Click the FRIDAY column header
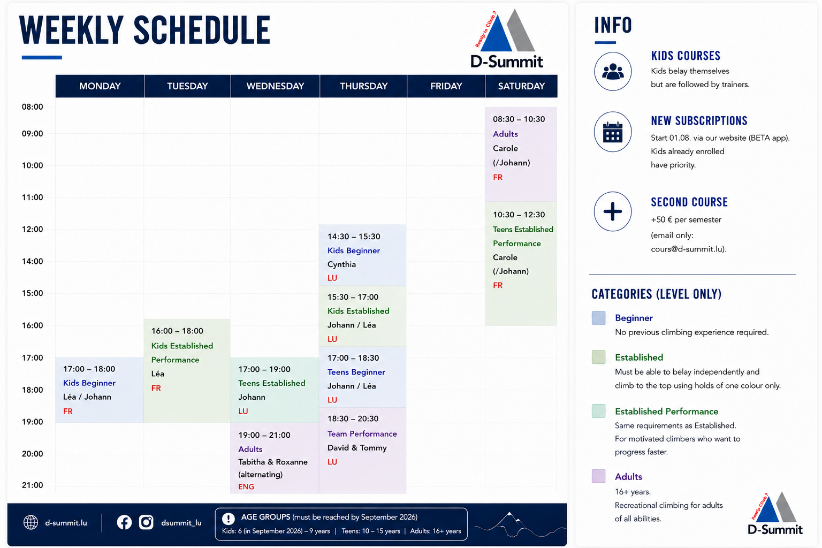446,86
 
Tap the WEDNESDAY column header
275,86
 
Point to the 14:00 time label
32,261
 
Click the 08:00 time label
32,107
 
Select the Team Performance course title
362,434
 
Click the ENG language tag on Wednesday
246,486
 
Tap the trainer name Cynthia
341,264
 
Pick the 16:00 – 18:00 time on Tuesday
177,331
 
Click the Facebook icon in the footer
124,522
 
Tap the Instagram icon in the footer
146,522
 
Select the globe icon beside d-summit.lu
31,522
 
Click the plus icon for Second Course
613,211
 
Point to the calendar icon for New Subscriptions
613,132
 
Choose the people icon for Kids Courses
613,71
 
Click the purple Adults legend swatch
598,476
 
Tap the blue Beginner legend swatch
598,318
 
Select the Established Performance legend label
666,412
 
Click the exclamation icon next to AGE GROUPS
229,519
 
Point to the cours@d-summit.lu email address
687,249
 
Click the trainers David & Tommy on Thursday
357,448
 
